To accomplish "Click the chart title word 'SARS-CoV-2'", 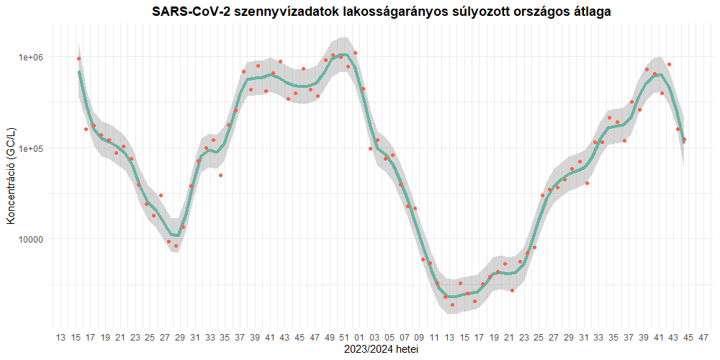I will (x=189, y=12).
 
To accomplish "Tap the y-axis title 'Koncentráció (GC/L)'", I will (x=11, y=175).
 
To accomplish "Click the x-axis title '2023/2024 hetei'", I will (x=382, y=349).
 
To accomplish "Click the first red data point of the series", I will (x=78, y=58).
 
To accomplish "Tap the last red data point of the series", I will (x=684, y=140).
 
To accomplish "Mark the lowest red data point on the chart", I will (x=452, y=305).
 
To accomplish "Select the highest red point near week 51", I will (x=355, y=53).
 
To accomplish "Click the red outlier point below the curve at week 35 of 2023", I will (x=221, y=175).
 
